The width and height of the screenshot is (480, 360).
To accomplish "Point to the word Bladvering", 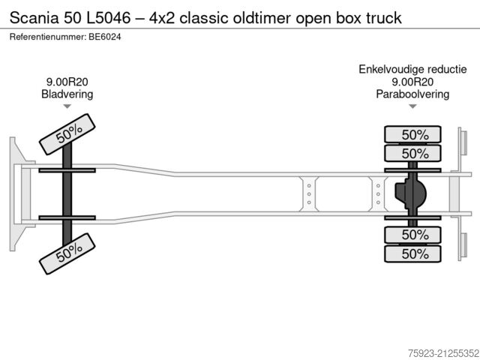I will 67,94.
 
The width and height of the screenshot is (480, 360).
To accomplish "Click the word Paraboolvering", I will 412,94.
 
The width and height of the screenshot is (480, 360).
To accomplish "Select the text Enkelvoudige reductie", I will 412,70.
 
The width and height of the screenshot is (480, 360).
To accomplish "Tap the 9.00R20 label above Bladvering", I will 67,82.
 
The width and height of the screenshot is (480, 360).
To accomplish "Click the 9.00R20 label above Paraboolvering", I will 412,82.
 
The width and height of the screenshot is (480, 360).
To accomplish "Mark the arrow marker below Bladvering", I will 67,107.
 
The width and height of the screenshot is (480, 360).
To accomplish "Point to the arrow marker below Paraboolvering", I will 412,107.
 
